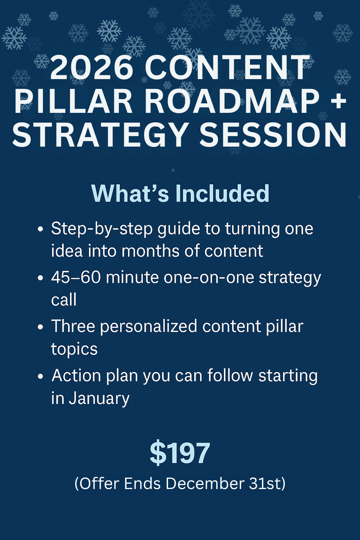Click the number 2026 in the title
[x=92, y=68]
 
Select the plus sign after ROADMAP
[x=339, y=102]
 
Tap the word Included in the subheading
[x=222, y=193]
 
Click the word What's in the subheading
[x=130, y=193]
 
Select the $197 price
[x=180, y=452]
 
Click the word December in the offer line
[x=205, y=484]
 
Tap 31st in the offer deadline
[x=264, y=484]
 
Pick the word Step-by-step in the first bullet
[x=102, y=229]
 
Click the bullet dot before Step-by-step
[x=40, y=229]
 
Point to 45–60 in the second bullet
[x=76, y=277]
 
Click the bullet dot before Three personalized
[x=40, y=327]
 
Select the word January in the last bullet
[x=99, y=399]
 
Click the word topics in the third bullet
[x=74, y=349]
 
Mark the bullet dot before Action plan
[x=40, y=376]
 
